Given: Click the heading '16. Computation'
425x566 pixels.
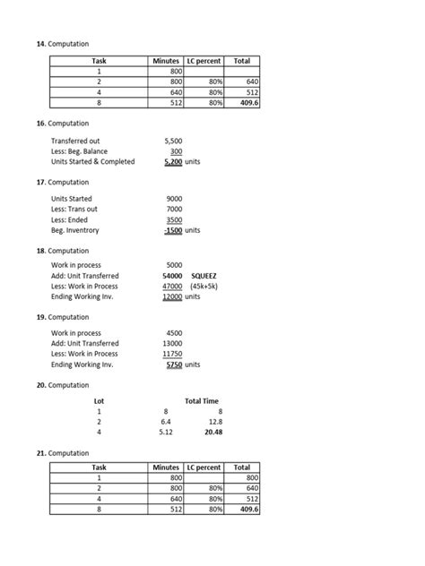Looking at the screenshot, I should (x=62, y=123).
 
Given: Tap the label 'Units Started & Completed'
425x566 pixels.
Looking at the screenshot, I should (x=92, y=161).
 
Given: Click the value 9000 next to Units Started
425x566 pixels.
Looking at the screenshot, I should (x=174, y=198).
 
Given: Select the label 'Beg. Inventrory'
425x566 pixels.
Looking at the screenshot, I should (x=75, y=229).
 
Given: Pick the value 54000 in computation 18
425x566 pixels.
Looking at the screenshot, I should (x=173, y=276).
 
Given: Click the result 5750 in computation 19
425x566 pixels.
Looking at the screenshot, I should (x=173, y=364).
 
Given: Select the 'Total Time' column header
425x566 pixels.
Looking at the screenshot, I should (x=201, y=400).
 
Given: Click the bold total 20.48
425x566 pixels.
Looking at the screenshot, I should (x=212, y=432).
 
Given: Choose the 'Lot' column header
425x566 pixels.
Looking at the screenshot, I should (x=100, y=400).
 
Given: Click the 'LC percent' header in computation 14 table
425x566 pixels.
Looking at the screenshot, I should (x=204, y=61).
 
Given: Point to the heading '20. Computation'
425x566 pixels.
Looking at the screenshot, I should (x=62, y=384).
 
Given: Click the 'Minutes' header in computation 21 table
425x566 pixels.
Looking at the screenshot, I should (x=166, y=467).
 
